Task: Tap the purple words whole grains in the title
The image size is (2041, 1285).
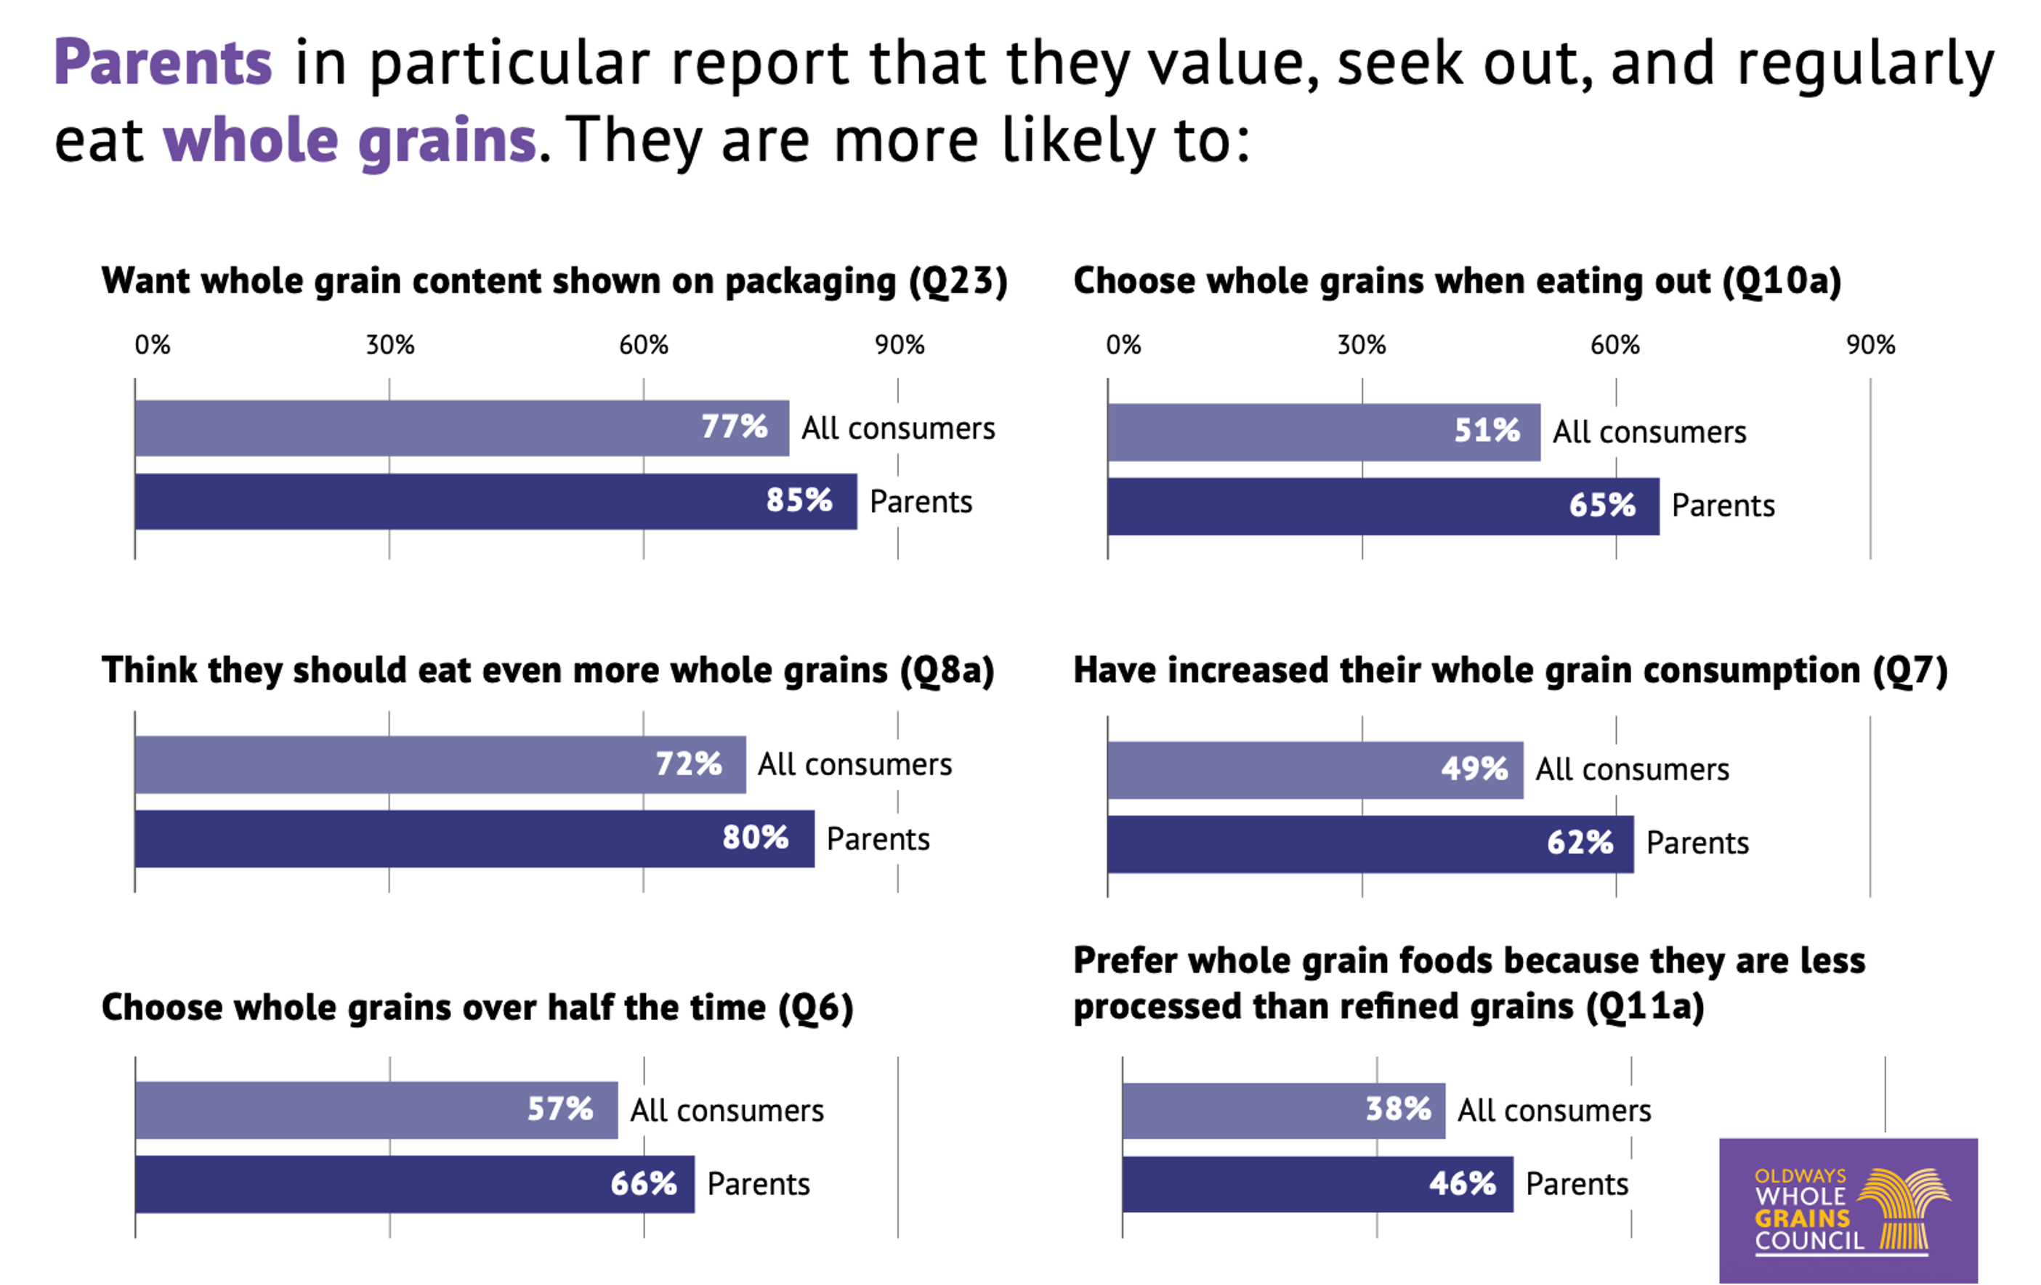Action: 349,140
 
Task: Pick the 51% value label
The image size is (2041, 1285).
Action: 1487,431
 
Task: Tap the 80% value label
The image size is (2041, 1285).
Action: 755,838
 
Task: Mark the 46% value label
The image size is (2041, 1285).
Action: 1462,1183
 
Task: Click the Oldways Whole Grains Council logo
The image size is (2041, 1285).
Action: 1848,1210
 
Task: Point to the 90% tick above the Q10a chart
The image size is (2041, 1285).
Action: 1871,345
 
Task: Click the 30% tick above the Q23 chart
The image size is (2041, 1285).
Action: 390,345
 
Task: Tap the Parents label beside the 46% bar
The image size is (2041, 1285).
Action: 1577,1184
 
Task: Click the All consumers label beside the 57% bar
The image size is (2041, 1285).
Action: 727,1111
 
